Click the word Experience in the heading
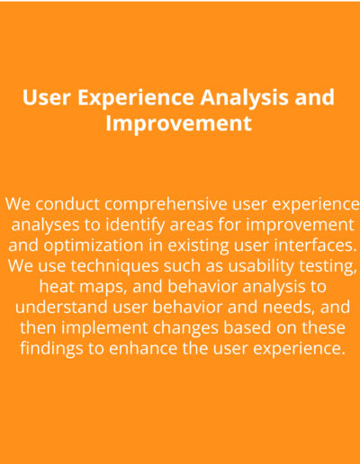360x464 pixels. pyautogui.click(x=136, y=98)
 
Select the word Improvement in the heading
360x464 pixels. pyautogui.click(x=178, y=124)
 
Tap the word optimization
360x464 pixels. pyautogui.click(x=94, y=245)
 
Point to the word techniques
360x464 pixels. pyautogui.click(x=114, y=266)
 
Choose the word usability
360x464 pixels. pyautogui.click(x=261, y=266)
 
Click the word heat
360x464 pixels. pyautogui.click(x=56, y=286)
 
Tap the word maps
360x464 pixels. pyautogui.click(x=103, y=288)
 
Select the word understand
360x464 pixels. pyautogui.click(x=61, y=307)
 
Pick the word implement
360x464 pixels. pyautogui.click(x=104, y=328)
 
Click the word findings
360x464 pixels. pyautogui.click(x=51, y=349)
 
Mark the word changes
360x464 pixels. pyautogui.click(x=185, y=328)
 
